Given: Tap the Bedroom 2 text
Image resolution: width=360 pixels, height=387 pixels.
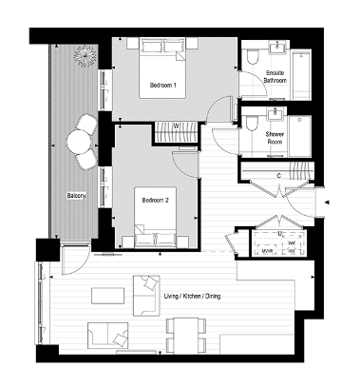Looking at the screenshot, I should (155, 201).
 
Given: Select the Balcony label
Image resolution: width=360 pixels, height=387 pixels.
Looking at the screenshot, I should (77, 196).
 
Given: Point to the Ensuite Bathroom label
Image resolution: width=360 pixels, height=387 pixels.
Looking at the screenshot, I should (276, 78).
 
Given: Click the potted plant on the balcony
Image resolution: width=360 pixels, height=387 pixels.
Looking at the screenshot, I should (85, 55).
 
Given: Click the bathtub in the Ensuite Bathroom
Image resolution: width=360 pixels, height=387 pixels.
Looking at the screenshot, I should (300, 71).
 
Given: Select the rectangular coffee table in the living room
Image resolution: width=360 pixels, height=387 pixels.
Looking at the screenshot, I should (106, 296).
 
